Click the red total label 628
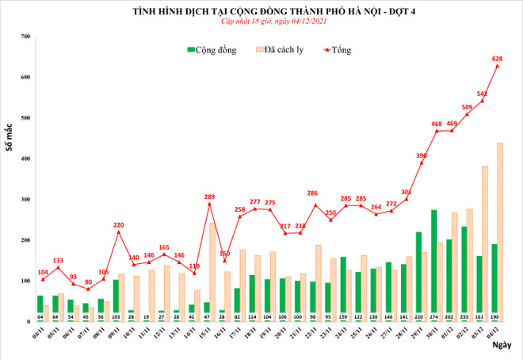click(497, 59)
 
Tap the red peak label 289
click(210, 197)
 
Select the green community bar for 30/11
click(433, 262)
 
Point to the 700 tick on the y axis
click(25, 37)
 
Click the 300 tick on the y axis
click(25, 200)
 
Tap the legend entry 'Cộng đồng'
click(216, 50)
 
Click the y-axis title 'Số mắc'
click(10, 136)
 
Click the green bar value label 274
click(433, 316)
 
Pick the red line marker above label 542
click(482, 101)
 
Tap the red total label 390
click(422, 155)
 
